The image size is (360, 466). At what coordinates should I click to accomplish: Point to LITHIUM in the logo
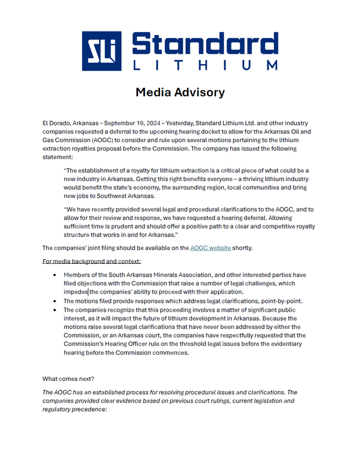pos(205,65)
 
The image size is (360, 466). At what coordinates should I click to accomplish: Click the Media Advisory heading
pos(180,92)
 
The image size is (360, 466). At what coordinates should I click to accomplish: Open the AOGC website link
pos(210,248)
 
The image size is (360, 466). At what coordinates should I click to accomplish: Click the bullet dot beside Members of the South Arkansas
pos(55,275)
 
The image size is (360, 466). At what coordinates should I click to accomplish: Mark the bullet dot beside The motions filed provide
pos(55,301)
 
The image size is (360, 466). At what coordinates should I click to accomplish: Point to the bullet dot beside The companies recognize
pos(55,310)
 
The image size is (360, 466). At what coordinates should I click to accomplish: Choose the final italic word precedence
pos(89,409)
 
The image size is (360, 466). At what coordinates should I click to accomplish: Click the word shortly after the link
pos(242,248)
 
